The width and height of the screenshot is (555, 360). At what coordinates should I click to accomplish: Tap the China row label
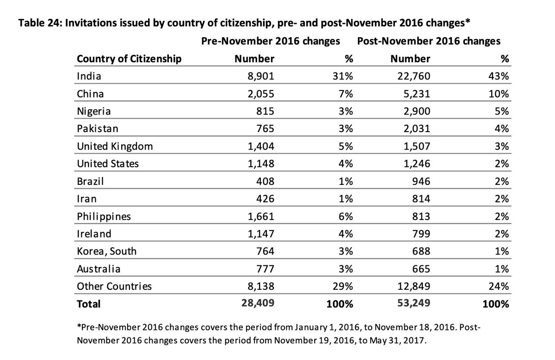[x=90, y=93]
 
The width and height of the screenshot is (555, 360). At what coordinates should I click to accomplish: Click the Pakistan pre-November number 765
[x=264, y=128]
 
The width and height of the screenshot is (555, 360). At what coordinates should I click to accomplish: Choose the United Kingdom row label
[x=114, y=146]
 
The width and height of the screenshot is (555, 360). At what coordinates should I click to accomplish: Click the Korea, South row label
[x=107, y=251]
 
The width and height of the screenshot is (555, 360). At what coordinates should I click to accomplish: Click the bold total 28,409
[x=255, y=304]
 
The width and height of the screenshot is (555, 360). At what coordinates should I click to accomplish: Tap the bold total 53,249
[x=410, y=304]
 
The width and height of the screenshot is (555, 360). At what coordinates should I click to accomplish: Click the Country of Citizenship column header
[x=129, y=59]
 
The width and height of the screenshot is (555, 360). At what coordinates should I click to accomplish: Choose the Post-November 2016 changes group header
[x=428, y=41]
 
